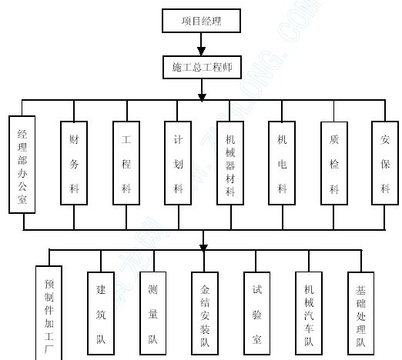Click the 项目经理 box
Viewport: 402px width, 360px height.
click(x=201, y=21)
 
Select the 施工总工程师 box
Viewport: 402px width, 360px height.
click(x=202, y=67)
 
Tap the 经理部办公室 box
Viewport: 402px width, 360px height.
click(x=22, y=165)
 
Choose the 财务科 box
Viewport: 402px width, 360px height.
click(x=74, y=163)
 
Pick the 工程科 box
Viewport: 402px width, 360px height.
click(x=126, y=163)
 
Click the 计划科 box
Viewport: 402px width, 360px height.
click(x=178, y=163)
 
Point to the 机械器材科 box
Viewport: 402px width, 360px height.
click(x=230, y=163)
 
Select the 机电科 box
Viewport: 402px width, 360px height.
click(x=282, y=163)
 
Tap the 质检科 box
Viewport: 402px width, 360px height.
click(x=334, y=163)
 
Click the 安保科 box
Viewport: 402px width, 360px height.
click(x=385, y=163)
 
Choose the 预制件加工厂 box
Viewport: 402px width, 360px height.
click(x=49, y=313)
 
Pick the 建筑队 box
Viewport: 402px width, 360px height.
click(x=101, y=313)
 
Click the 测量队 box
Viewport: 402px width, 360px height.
click(x=153, y=313)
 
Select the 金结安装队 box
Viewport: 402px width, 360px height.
click(x=205, y=313)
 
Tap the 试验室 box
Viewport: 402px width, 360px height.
click(x=257, y=313)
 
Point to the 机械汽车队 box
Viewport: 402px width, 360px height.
click(x=309, y=313)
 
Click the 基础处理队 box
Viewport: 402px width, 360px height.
click(x=361, y=313)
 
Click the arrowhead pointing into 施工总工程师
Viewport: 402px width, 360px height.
click(x=201, y=52)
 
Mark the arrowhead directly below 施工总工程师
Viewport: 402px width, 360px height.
click(x=202, y=98)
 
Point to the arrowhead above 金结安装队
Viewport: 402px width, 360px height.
click(x=203, y=248)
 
